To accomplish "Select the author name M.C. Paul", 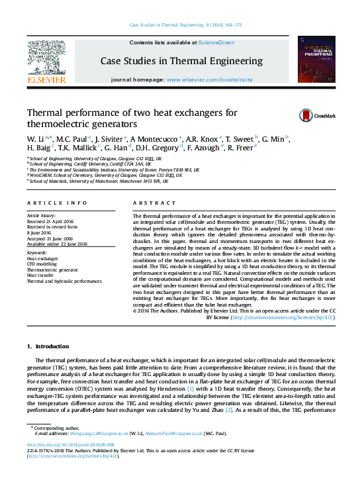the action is click(69, 138).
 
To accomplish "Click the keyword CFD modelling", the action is click(42, 264).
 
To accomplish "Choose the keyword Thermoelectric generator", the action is click(51, 270).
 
